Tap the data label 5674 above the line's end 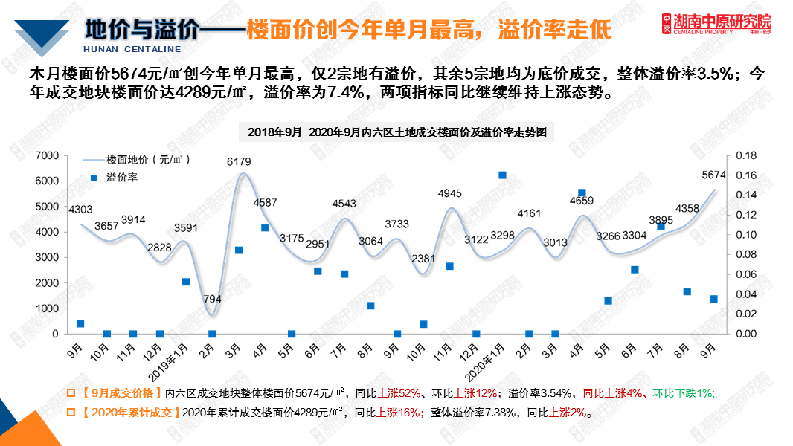click(x=713, y=175)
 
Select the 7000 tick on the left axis click(x=47, y=155)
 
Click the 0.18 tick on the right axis click(x=745, y=155)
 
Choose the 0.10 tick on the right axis click(x=745, y=235)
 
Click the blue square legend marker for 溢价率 click(x=94, y=178)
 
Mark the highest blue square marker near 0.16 click(x=502, y=175)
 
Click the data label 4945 click(x=449, y=194)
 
